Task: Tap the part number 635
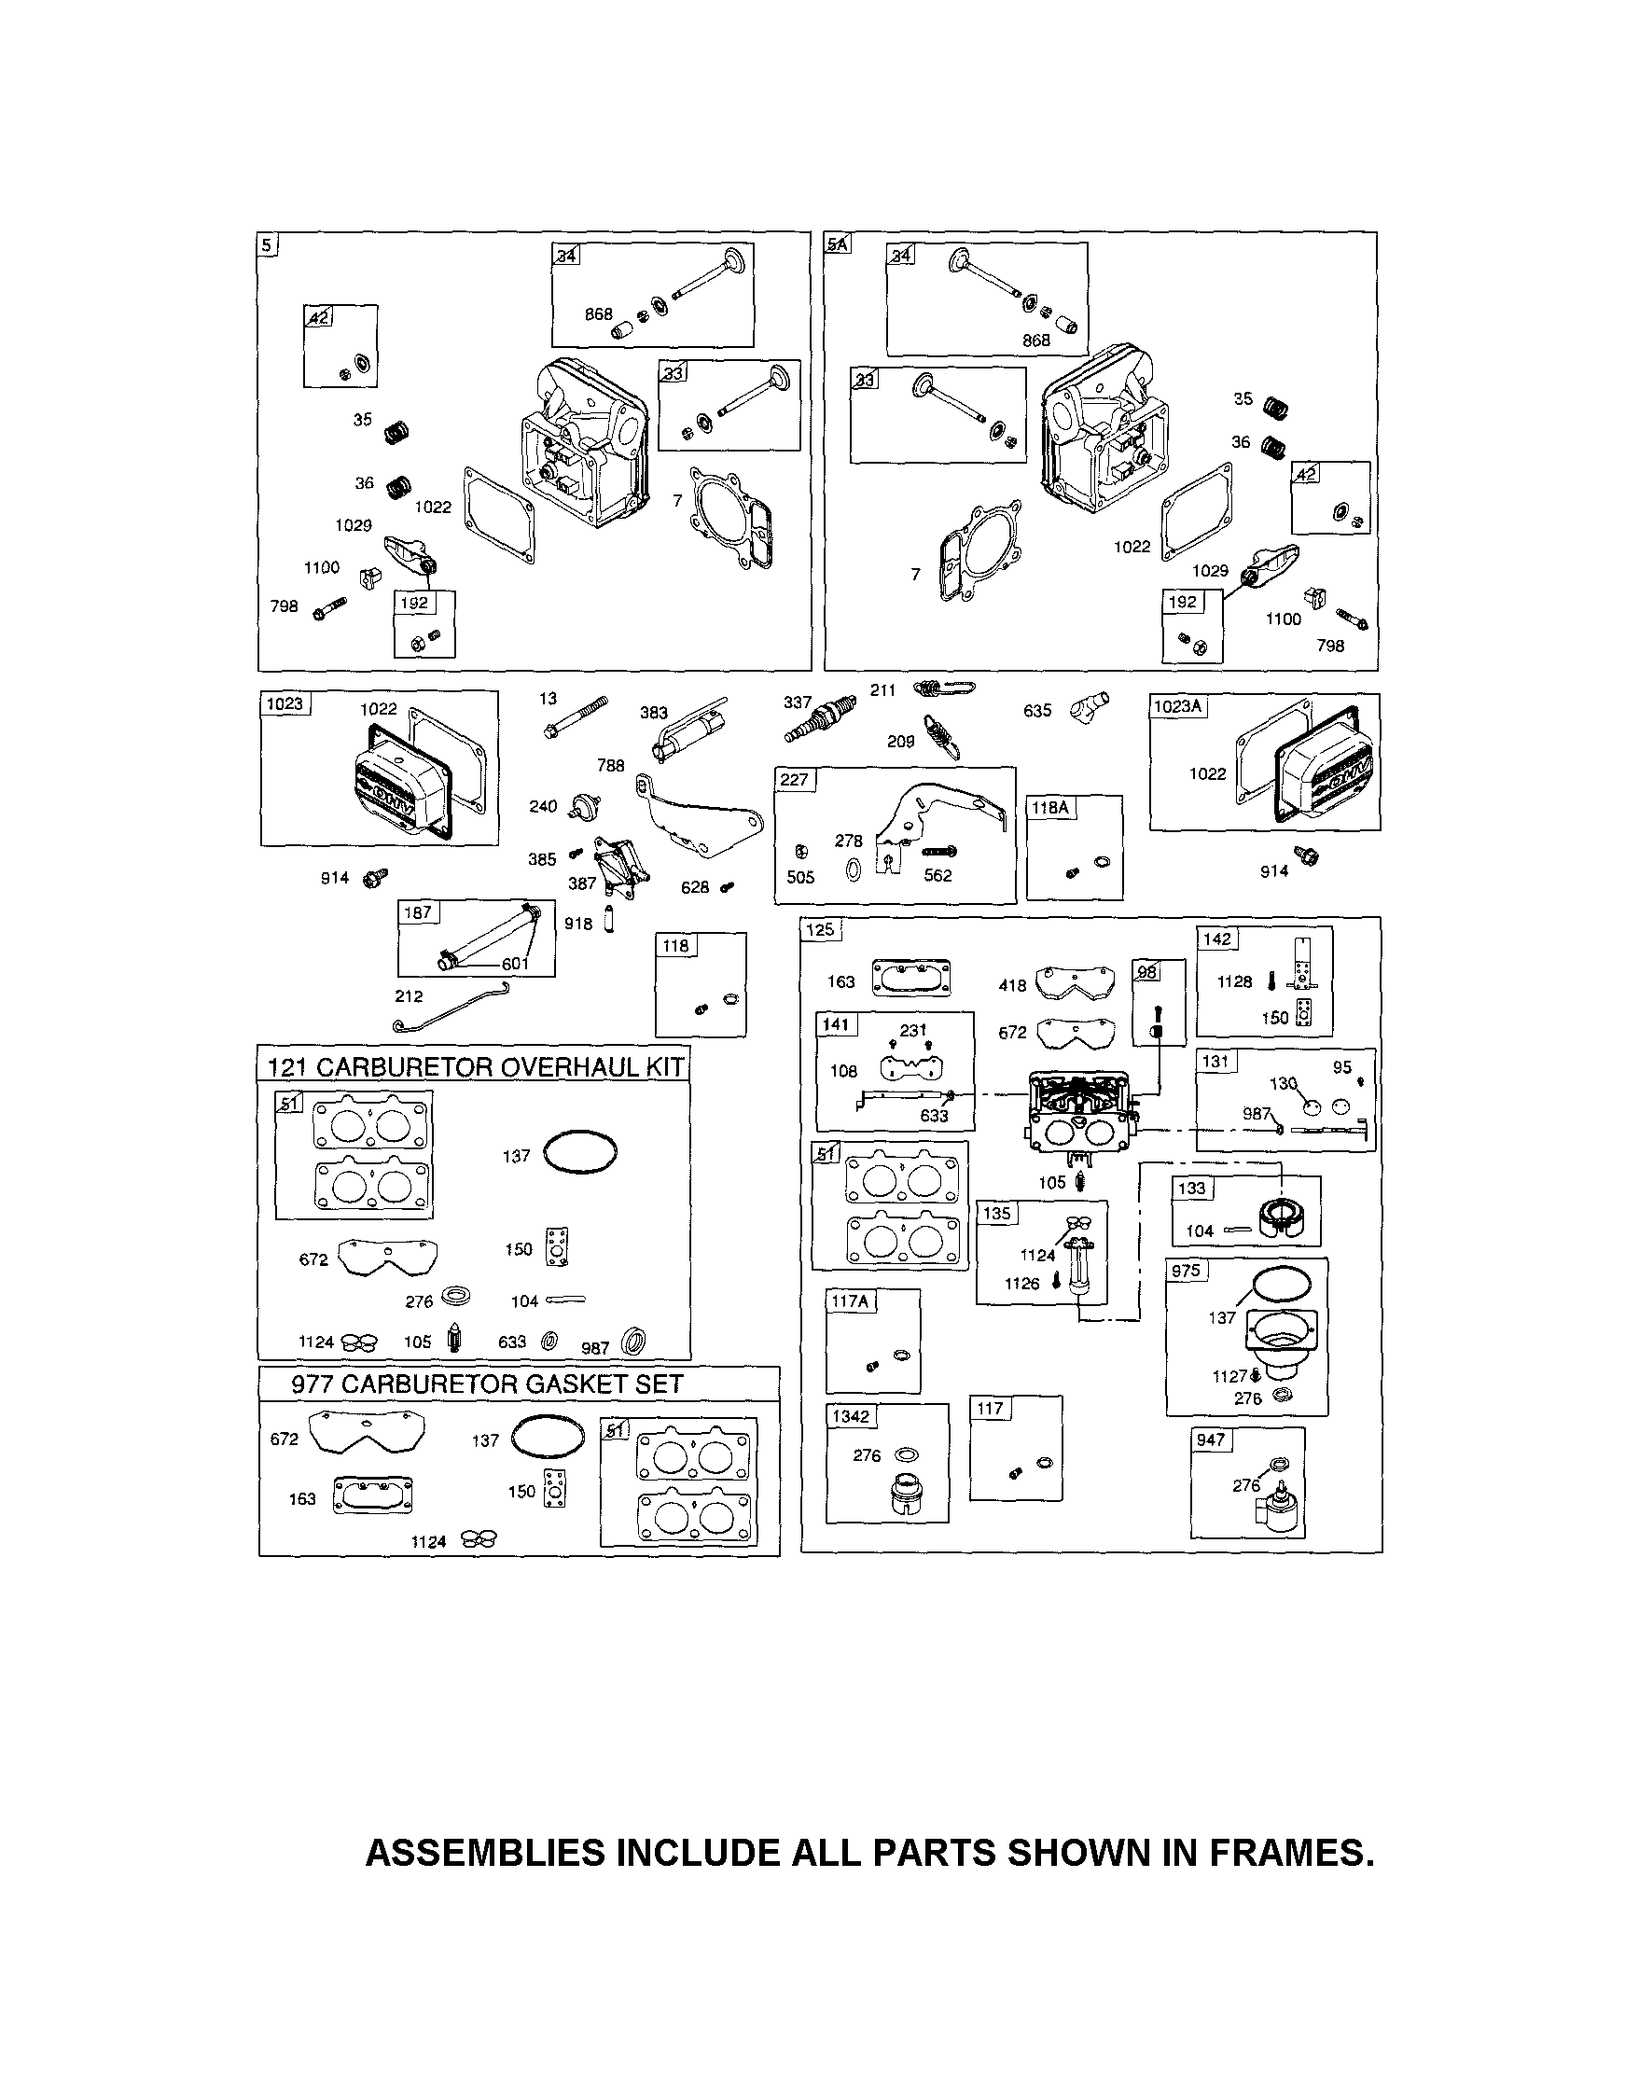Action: [1036, 711]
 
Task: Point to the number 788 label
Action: [610, 765]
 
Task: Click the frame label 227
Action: [794, 779]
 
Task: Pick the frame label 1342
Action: [850, 1415]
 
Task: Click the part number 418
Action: [1013, 986]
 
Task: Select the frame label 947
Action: [1211, 1439]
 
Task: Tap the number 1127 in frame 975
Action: [1230, 1376]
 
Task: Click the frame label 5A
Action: [837, 244]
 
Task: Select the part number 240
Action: [543, 806]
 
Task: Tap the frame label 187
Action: [418, 912]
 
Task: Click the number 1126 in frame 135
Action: [1021, 1284]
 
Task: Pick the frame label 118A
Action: [1049, 807]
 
